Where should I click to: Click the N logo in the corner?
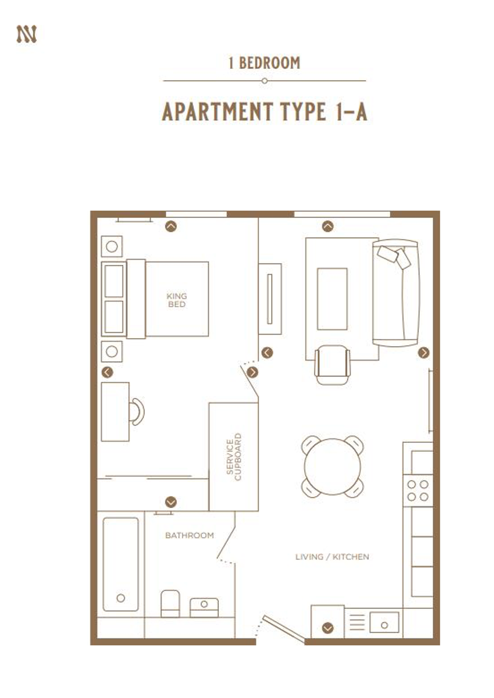click(27, 34)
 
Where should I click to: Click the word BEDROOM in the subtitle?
click(269, 63)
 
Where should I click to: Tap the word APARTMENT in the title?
click(217, 112)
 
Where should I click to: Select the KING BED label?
click(177, 300)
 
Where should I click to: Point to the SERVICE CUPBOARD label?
click(234, 457)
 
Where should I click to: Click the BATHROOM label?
click(189, 535)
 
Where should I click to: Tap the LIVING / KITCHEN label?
click(332, 557)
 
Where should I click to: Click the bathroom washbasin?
click(204, 607)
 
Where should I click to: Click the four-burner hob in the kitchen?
click(418, 490)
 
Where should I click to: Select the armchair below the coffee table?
click(332, 365)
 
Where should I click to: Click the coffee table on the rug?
click(332, 299)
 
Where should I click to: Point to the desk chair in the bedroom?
click(137, 412)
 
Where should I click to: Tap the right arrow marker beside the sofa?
click(423, 352)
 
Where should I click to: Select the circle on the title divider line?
click(264, 81)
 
